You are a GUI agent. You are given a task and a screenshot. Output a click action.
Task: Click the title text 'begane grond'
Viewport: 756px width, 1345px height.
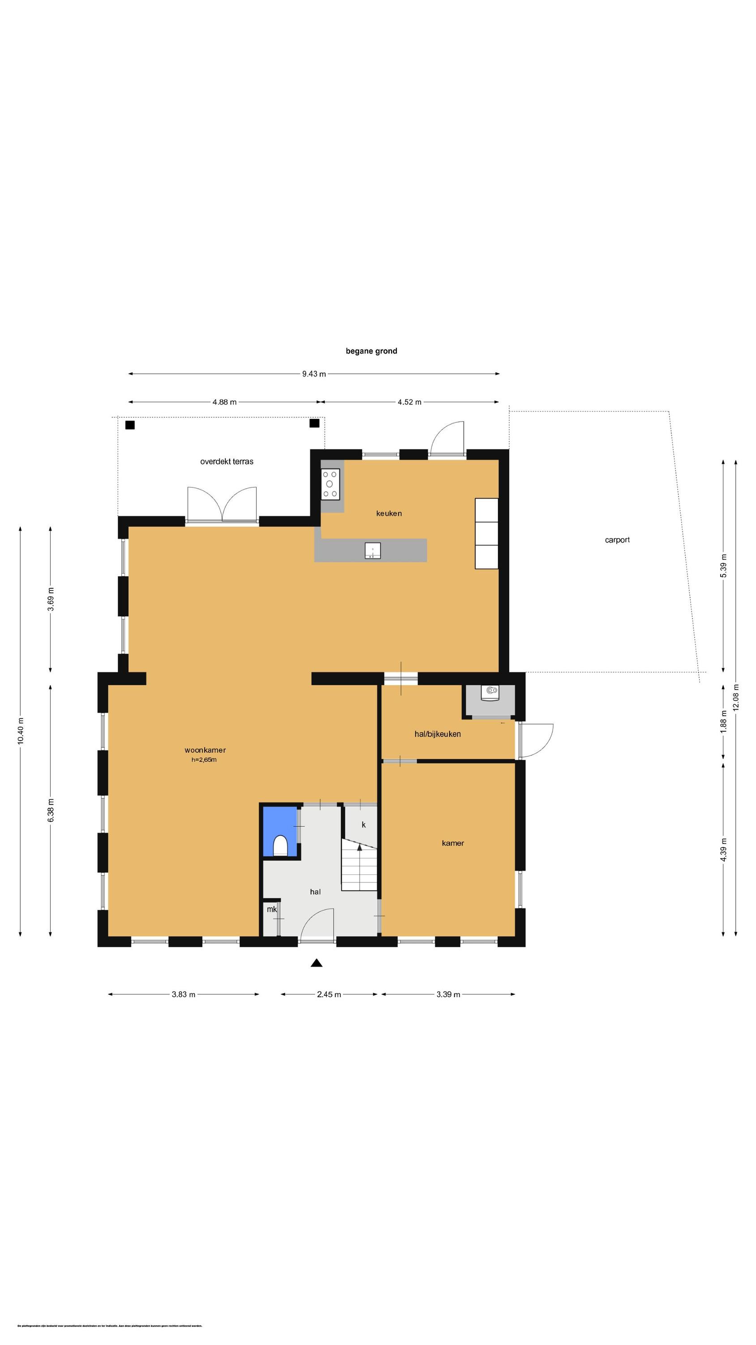(371, 351)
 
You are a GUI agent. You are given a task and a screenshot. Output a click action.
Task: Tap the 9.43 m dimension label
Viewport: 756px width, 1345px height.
(314, 374)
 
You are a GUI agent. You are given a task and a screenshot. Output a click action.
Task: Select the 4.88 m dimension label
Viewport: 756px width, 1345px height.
(224, 402)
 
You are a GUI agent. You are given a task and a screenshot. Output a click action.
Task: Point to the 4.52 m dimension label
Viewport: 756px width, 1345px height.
(409, 402)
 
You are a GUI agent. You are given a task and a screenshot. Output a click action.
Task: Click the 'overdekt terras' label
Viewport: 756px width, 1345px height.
(227, 462)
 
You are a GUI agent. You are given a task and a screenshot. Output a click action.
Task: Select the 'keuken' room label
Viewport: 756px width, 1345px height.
(389, 513)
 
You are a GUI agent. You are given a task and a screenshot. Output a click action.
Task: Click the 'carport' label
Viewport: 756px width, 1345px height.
(617, 540)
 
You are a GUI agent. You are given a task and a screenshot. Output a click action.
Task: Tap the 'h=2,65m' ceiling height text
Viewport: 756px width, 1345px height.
(203, 759)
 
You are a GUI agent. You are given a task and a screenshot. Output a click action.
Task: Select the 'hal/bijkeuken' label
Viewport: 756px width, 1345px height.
(437, 734)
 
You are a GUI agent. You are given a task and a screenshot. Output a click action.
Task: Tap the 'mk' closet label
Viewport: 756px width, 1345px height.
(271, 909)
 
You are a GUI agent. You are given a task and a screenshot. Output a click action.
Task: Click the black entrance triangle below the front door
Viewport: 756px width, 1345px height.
(316, 963)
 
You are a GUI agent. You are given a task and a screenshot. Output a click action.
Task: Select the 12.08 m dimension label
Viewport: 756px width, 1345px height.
(736, 697)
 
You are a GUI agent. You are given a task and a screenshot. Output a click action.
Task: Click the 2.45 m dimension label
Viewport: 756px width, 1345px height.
(329, 994)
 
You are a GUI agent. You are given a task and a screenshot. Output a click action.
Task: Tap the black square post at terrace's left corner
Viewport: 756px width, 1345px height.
(130, 425)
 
